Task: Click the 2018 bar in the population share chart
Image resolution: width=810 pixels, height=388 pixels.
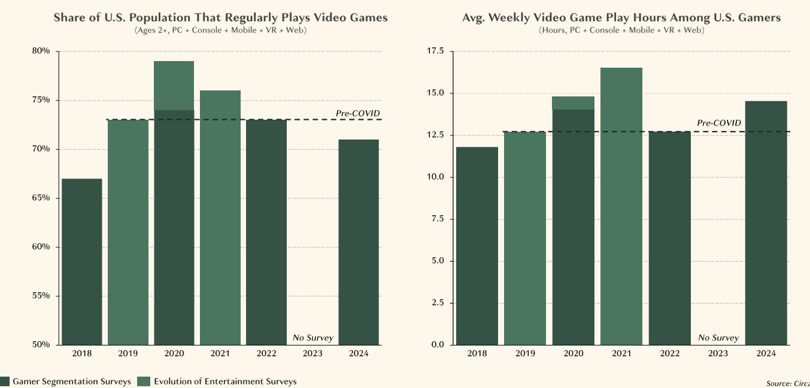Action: [82, 262]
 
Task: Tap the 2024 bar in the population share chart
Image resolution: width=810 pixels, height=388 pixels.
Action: [359, 242]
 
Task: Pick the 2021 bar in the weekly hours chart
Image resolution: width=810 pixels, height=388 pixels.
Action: [622, 206]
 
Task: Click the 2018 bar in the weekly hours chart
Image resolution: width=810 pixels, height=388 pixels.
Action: [477, 245]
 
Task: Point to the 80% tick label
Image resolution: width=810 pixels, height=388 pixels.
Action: [41, 51]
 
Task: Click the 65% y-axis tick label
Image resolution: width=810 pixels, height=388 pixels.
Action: [41, 198]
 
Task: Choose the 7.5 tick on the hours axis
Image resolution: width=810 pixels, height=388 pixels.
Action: [436, 219]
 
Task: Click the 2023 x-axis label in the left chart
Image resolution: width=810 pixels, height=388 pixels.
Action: [313, 354]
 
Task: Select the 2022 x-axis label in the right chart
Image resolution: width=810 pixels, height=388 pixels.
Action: [670, 354]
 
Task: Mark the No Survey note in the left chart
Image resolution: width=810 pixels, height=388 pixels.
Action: [313, 338]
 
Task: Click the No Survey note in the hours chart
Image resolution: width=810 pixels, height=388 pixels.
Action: [718, 338]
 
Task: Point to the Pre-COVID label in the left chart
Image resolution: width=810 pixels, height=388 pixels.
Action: [358, 113]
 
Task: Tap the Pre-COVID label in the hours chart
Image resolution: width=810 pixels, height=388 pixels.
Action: [719, 123]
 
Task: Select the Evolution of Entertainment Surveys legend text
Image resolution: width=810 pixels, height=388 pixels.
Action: [225, 381]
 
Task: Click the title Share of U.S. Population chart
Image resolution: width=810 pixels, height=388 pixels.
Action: [220, 17]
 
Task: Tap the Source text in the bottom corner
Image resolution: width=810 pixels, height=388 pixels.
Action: [788, 383]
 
